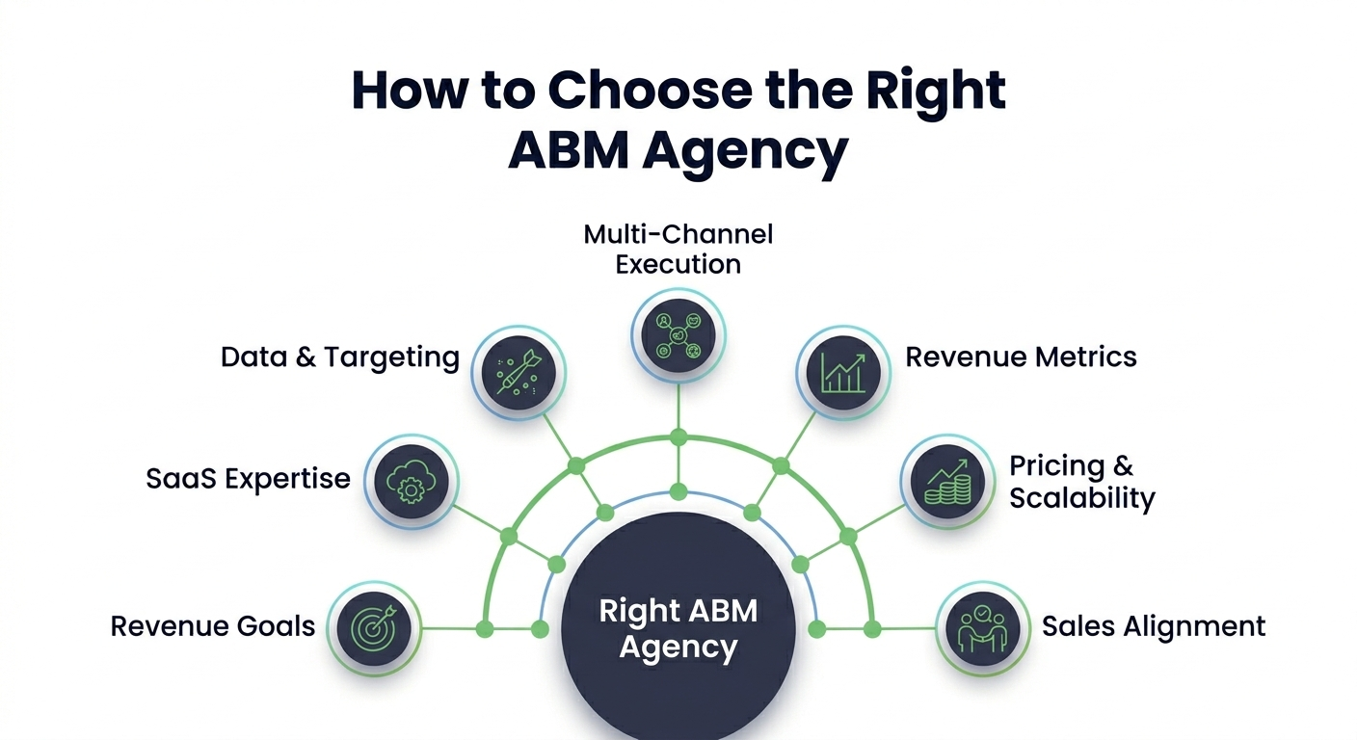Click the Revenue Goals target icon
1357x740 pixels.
click(374, 627)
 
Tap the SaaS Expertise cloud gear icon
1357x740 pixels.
click(411, 480)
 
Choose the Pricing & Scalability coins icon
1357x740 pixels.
click(946, 480)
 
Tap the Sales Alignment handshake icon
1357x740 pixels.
click(982, 627)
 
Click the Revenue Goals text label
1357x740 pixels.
click(213, 626)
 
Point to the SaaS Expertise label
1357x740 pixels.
click(248, 478)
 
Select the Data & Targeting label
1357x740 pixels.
click(339, 357)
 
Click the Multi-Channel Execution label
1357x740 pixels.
click(678, 249)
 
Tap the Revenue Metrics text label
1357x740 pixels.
click(1021, 357)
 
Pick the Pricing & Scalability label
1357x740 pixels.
click(1080, 482)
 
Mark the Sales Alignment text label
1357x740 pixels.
click(1153, 626)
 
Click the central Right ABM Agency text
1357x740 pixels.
click(678, 628)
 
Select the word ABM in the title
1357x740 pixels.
click(568, 150)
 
